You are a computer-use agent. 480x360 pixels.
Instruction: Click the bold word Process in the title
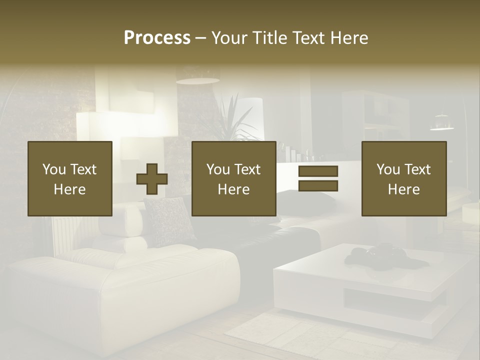click(157, 38)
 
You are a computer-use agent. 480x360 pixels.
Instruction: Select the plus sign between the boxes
click(152, 179)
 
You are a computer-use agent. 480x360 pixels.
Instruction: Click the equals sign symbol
click(318, 178)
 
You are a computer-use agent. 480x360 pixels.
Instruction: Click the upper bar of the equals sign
click(318, 171)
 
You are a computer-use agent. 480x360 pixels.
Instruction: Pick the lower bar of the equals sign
click(318, 186)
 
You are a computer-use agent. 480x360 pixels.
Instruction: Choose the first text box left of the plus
click(70, 178)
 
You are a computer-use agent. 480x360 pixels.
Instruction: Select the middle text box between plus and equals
click(233, 178)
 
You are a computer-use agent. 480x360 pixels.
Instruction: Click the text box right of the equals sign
click(403, 178)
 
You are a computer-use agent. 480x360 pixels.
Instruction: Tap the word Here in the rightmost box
click(403, 189)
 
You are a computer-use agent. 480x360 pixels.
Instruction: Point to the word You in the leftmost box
click(54, 169)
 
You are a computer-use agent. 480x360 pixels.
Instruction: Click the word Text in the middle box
click(248, 169)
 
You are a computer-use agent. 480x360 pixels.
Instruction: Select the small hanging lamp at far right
click(441, 122)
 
